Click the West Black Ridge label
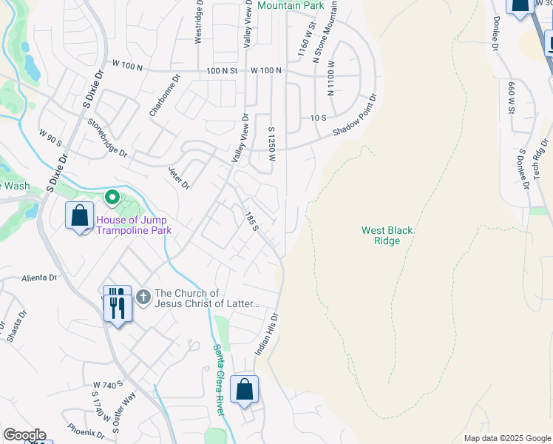(x=387, y=235)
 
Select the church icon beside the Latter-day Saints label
(x=143, y=298)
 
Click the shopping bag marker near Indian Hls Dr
(x=244, y=389)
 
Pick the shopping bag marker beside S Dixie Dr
(x=79, y=216)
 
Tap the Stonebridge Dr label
(x=108, y=138)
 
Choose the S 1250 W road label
(x=272, y=144)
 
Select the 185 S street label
(x=251, y=220)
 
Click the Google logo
(x=24, y=435)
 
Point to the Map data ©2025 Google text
(x=507, y=439)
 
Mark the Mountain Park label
(x=291, y=5)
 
